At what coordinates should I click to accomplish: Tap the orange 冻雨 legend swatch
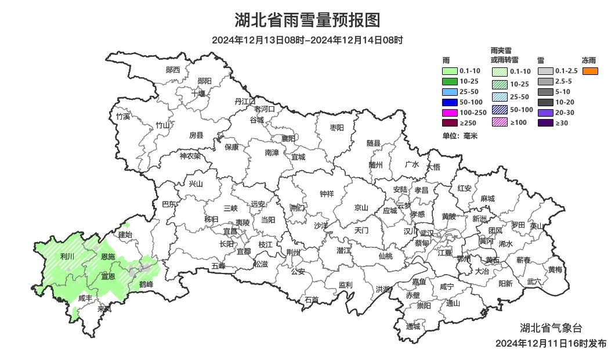click(590, 71)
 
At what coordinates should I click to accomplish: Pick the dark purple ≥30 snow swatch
click(545, 123)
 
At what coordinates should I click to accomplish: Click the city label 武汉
click(426, 232)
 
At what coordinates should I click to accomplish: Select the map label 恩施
click(108, 256)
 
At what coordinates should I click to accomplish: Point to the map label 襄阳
click(288, 138)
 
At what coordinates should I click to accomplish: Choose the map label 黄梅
click(555, 269)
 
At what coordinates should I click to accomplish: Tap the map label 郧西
click(173, 70)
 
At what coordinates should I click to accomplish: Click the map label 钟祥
click(327, 195)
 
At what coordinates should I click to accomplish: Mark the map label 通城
click(413, 326)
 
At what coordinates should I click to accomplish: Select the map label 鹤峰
click(146, 285)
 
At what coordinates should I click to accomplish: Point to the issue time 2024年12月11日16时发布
click(551, 343)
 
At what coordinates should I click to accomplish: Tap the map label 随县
click(374, 143)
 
